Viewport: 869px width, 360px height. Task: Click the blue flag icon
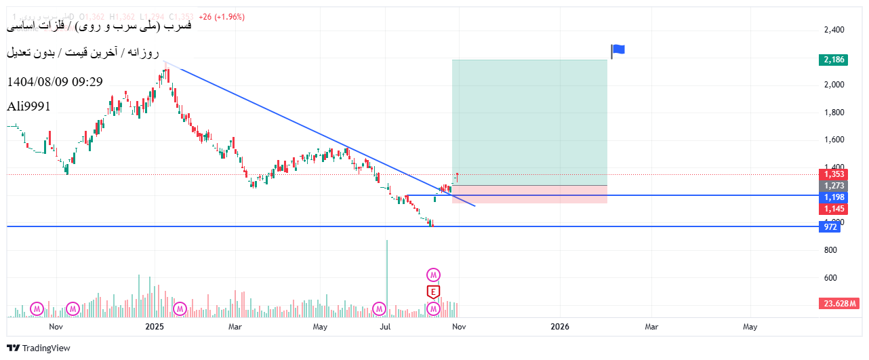[618, 49]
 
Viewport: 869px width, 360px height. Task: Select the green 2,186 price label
[833, 60]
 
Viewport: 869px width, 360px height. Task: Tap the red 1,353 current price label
[833, 174]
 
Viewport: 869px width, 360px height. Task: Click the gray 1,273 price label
[833, 185]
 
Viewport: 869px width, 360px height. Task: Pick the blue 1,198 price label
[833, 197]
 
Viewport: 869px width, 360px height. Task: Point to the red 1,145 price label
[833, 209]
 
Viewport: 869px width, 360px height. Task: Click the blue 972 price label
[830, 226]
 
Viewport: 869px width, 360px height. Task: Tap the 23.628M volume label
[840, 303]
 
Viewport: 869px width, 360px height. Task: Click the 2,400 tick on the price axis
[834, 30]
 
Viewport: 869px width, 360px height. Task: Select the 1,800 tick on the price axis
[834, 113]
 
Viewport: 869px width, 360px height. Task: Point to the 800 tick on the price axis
[830, 250]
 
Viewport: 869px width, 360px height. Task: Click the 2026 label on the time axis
[560, 327]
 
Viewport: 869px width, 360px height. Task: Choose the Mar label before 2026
[235, 327]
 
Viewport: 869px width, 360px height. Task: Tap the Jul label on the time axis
[386, 327]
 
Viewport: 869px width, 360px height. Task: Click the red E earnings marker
[433, 292]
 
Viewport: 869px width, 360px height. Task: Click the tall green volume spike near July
[387, 278]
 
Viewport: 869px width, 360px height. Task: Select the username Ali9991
[28, 106]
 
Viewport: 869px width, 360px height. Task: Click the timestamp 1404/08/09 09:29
[55, 82]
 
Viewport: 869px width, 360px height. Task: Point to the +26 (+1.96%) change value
[222, 17]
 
